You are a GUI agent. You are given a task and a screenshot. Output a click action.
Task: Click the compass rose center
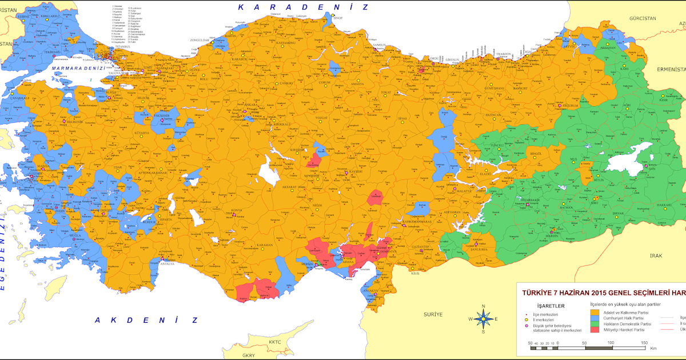tap(483, 319)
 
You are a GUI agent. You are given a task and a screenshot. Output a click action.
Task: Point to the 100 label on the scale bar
tap(611, 342)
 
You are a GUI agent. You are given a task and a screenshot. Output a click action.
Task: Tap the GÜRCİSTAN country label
tap(641, 18)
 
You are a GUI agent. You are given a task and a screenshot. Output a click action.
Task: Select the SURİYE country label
tap(433, 315)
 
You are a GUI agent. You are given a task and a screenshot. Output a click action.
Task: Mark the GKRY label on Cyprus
tap(249, 355)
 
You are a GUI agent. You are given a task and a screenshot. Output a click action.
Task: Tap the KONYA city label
tap(236, 210)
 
